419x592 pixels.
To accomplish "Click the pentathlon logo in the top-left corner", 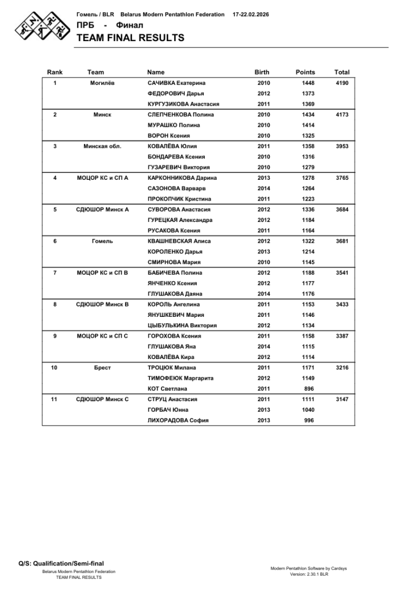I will (38, 25).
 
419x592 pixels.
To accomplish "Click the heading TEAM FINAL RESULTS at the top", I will (130, 38).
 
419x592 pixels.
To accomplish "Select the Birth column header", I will (262, 72).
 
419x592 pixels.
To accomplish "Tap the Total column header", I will (341, 72).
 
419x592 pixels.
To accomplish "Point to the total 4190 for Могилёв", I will (342, 83).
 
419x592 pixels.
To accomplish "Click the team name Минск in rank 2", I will (102, 114).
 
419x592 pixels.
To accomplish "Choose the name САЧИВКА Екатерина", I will (177, 83).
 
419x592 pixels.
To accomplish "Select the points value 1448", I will (308, 83).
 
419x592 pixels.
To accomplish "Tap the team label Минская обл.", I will (102, 146).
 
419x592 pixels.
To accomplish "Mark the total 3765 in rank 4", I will (342, 178).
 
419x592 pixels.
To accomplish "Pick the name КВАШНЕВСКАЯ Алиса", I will (179, 241).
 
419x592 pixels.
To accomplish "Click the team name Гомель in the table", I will (102, 241).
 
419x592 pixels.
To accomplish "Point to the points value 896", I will (309, 388).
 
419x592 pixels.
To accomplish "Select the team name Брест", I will (102, 368).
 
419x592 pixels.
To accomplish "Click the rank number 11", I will (55, 399).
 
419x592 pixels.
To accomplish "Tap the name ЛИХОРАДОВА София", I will (178, 420).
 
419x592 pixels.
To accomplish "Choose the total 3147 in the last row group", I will (342, 399).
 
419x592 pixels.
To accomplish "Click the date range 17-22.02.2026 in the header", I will (251, 14).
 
